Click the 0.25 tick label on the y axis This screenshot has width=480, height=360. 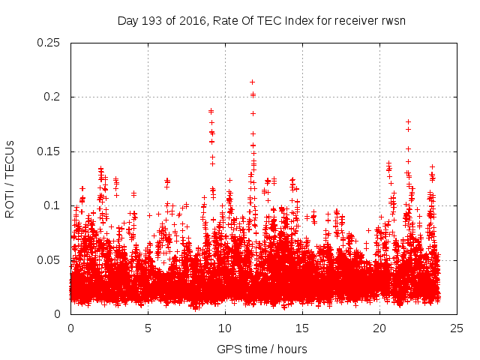coord(49,43)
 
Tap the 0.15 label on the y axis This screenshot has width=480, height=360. coord(49,151)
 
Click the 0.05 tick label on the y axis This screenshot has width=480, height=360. coord(49,260)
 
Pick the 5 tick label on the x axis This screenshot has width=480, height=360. coord(148,328)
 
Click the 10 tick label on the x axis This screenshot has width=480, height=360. coord(225,328)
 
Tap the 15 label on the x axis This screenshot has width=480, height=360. coord(302,328)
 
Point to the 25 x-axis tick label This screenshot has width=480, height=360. coord(457,328)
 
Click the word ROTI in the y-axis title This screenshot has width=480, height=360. coord(10,202)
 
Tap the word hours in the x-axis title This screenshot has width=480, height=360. coord(292,349)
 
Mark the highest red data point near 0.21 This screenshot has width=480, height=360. coord(252,82)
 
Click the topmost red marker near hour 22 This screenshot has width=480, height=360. coord(408,121)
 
